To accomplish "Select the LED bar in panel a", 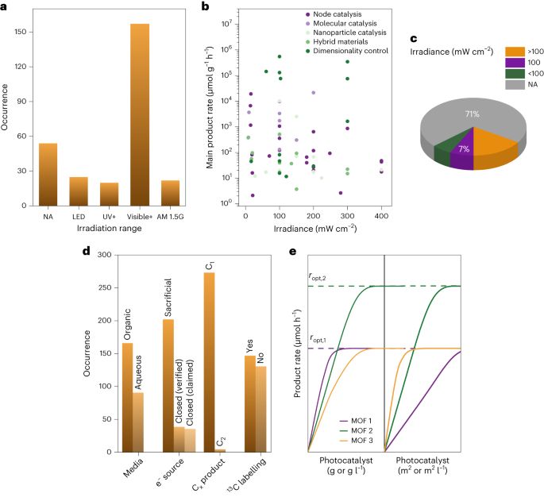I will [x=79, y=191].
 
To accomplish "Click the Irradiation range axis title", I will [x=102, y=229].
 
